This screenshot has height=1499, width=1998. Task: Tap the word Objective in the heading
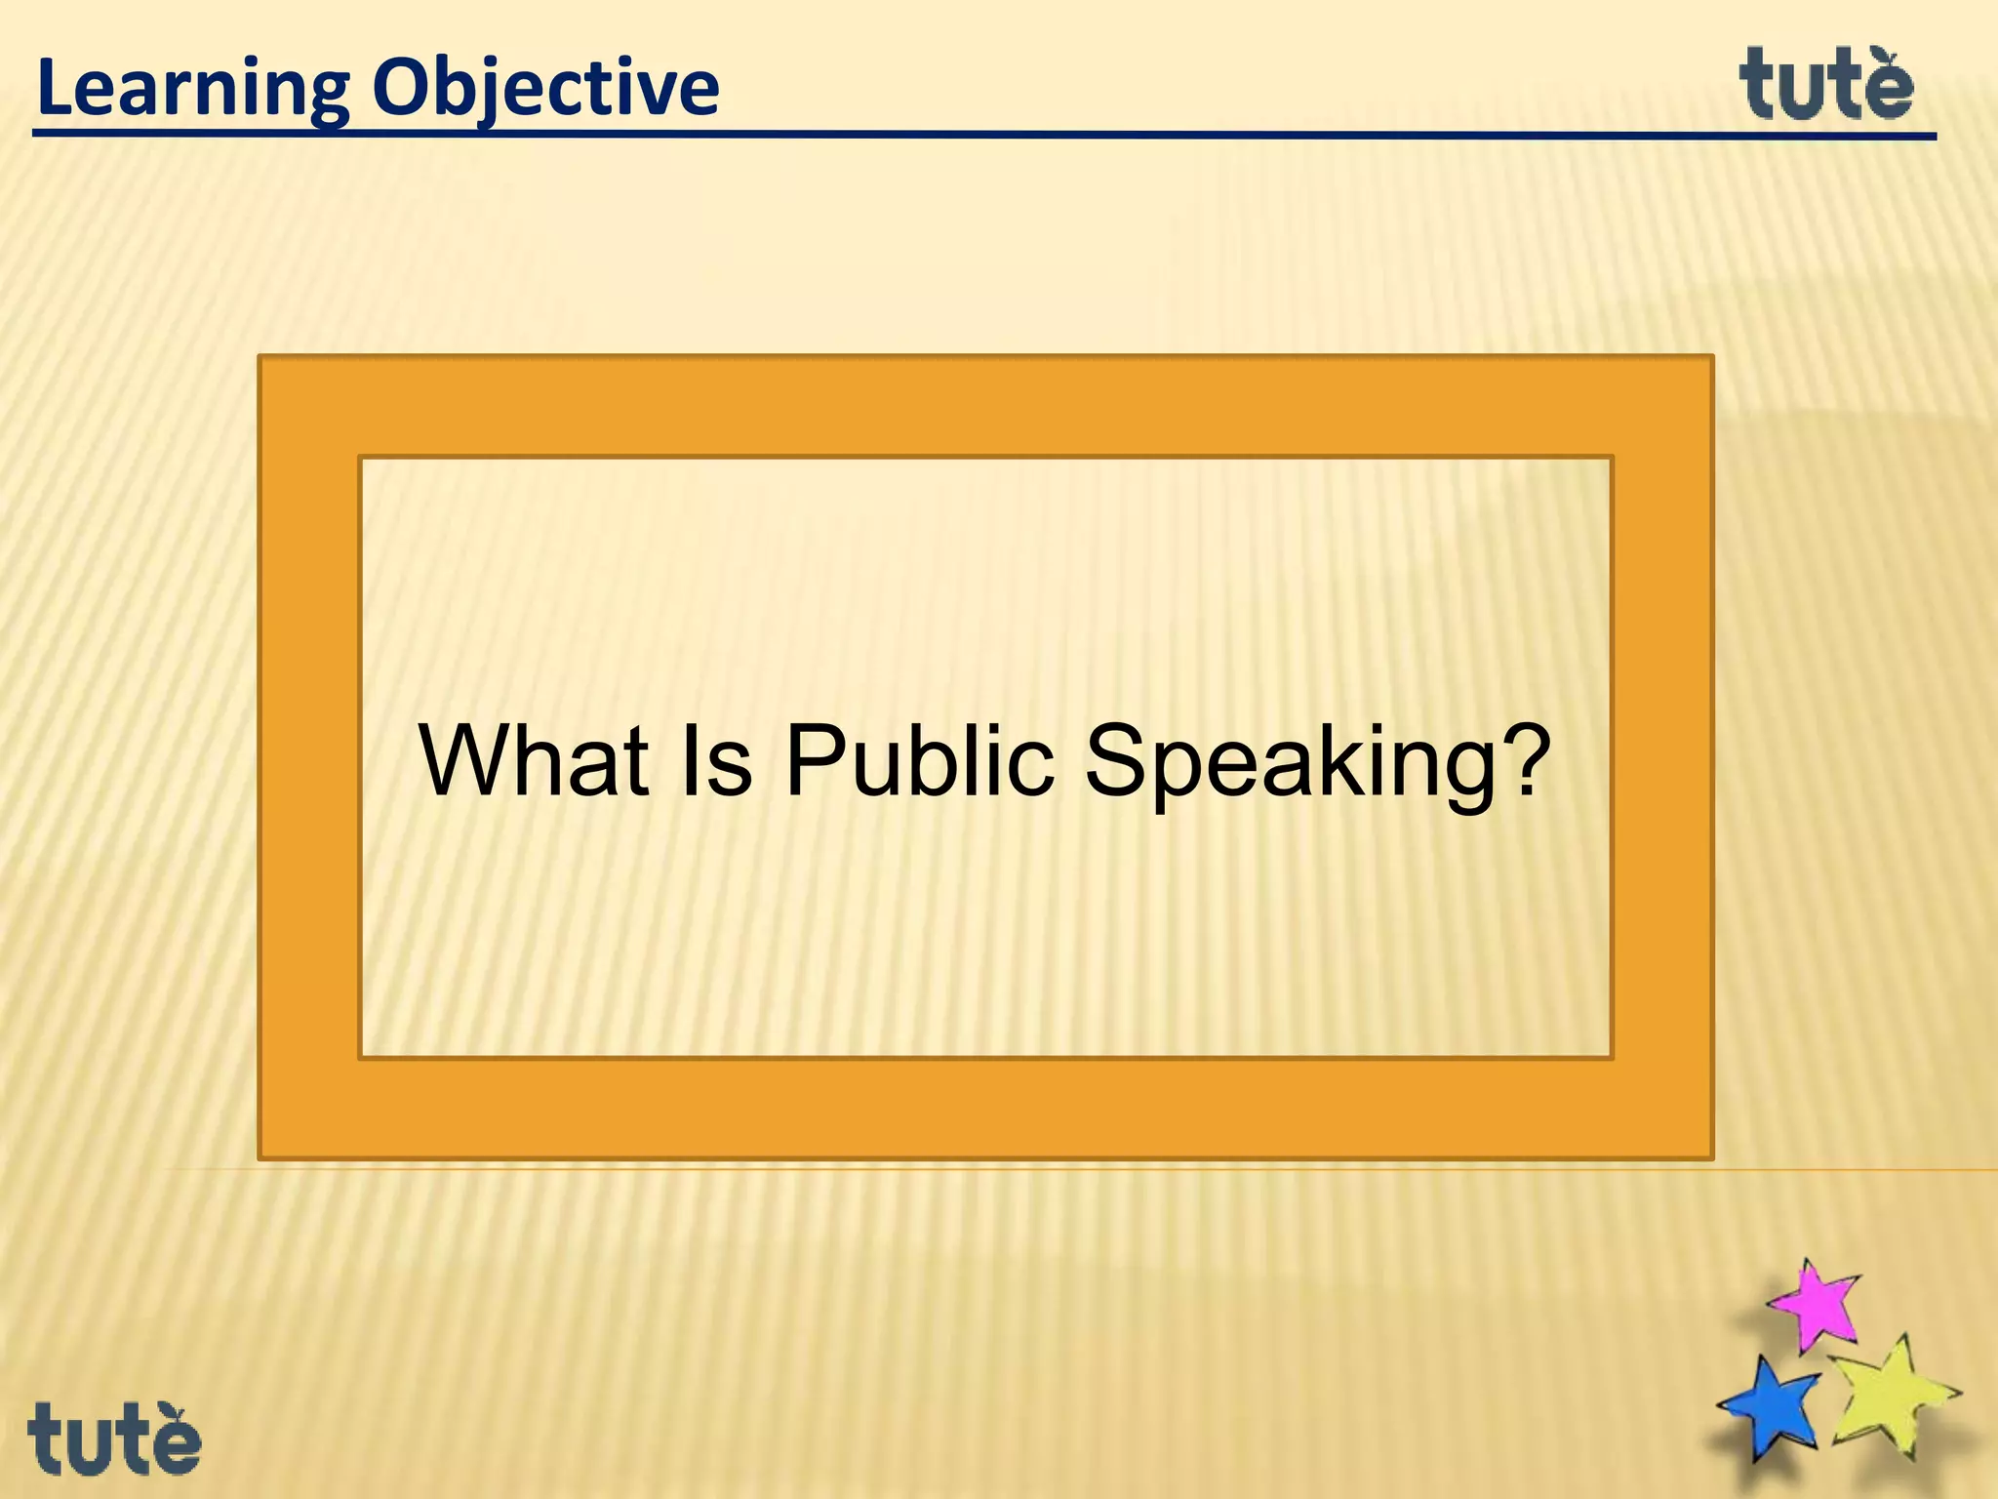(545, 90)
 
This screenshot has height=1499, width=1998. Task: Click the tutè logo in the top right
(1825, 85)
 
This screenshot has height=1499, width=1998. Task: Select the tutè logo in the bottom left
(114, 1439)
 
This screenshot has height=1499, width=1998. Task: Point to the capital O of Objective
(402, 89)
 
